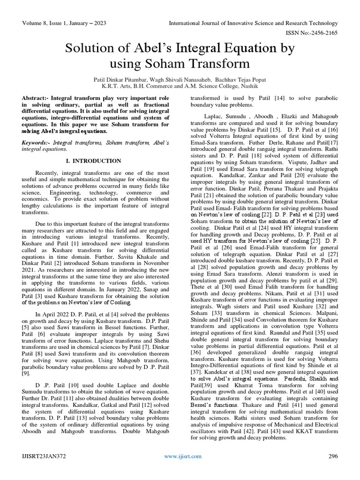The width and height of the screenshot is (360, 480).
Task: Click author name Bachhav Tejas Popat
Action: (243, 80)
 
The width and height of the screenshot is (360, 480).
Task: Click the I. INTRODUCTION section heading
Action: (92, 161)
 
